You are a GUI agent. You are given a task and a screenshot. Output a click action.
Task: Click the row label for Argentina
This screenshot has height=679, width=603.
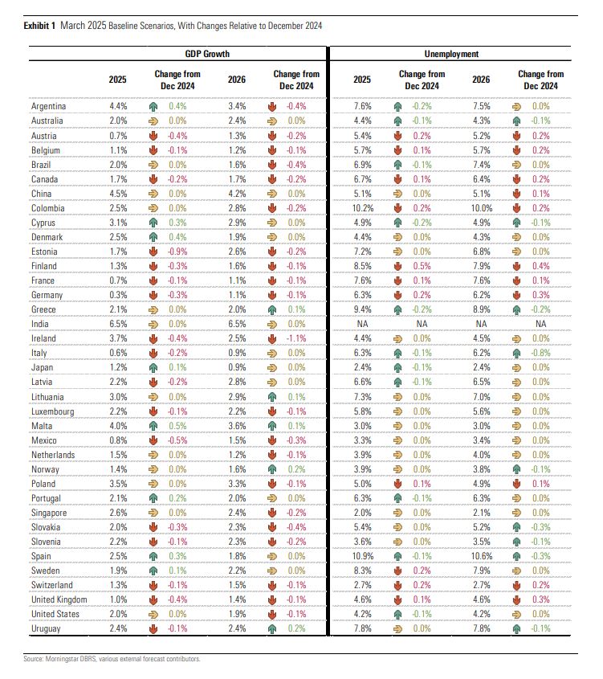pos(48,107)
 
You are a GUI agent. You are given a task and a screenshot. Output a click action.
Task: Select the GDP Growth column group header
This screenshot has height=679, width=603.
pos(207,54)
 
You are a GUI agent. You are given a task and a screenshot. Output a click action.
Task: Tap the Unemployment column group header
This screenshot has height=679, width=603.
pos(451,54)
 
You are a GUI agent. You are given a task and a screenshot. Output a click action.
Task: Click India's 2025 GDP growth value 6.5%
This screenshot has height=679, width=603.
pos(118,325)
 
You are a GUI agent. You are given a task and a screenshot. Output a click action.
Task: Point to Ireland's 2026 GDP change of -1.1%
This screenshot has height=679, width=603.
pos(296,338)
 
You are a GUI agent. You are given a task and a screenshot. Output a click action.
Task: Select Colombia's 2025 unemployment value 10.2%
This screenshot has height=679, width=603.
pos(362,208)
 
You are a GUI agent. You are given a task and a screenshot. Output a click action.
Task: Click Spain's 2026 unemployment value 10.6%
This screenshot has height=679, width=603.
pos(482,556)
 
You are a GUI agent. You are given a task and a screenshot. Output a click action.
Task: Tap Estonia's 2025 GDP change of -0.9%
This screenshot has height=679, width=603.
pos(177,252)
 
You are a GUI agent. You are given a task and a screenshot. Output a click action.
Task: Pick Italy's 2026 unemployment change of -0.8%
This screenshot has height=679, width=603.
pos(540,354)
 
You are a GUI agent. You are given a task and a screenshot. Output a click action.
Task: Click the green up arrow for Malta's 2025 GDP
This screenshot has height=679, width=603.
pos(153,426)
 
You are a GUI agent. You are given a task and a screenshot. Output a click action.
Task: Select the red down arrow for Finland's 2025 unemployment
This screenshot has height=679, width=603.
pos(397,266)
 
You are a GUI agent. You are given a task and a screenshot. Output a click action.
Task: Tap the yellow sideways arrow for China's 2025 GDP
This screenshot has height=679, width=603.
pos(153,194)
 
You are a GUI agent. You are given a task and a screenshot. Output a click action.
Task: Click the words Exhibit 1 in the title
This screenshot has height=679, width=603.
pos(39,26)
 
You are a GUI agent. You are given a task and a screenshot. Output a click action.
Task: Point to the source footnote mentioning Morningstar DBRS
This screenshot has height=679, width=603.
pos(112,659)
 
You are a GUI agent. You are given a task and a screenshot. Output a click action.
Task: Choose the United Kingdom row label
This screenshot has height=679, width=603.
pos(59,599)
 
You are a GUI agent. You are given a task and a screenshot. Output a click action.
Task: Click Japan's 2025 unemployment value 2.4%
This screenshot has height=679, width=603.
pos(362,368)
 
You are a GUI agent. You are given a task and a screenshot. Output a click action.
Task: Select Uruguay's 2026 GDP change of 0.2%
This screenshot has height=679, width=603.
pos(296,628)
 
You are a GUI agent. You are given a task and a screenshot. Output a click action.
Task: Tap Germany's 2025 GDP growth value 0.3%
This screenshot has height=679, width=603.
pos(118,296)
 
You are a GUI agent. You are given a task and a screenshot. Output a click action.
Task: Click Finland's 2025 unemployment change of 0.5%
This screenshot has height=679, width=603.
pos(422,266)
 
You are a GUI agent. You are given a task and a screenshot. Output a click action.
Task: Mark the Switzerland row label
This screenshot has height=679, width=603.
pos(52,586)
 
